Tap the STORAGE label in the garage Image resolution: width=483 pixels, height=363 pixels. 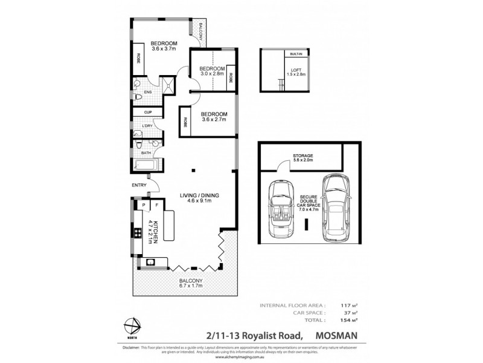302,156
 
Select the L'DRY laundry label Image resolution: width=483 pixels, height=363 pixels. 146,126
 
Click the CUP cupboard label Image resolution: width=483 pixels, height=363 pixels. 146,113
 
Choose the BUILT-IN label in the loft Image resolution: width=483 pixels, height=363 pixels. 296,54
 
